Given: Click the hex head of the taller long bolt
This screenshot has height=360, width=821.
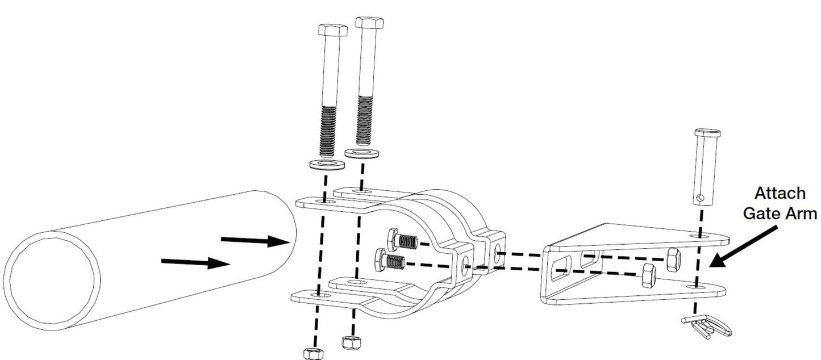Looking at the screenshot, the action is point(370,23).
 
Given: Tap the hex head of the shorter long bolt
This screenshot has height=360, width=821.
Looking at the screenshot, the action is point(333,30).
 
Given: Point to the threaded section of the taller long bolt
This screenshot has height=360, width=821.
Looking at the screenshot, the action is point(365,120).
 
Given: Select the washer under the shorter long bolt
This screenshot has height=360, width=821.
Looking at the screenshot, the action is point(327,165).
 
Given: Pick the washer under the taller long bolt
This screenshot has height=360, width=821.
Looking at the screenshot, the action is point(362,153).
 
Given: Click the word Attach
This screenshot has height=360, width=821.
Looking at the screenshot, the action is point(780,193).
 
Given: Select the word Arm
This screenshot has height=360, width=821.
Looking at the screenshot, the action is point(803,213).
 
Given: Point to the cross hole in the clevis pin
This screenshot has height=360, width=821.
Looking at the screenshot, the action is point(701,198).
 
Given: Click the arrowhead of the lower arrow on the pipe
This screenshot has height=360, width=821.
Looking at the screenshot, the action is point(219,263).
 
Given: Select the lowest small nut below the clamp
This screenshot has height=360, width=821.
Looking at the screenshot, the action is point(314,354).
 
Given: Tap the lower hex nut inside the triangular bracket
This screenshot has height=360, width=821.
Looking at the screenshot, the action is point(648,275).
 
